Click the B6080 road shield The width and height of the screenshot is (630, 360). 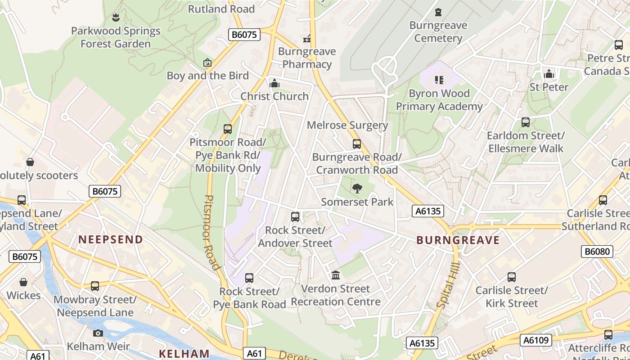pos(597,252)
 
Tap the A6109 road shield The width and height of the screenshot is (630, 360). pos(536,340)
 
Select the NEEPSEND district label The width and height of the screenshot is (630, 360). pos(111,239)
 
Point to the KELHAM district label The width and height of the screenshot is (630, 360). pos(184,354)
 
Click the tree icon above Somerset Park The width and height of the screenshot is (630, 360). pos(357,189)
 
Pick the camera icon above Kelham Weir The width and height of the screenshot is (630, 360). pos(98,333)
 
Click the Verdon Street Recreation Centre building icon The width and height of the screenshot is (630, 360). pos(336,275)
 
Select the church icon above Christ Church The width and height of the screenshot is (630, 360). pos(274,83)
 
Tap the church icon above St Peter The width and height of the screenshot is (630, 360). pos(549,74)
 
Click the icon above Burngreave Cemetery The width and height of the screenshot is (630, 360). pos(438,12)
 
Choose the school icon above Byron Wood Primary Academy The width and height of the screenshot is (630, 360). pos(439,80)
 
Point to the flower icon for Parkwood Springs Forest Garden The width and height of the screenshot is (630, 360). pos(116,18)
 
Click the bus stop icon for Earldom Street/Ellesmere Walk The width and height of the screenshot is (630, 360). pos(525,122)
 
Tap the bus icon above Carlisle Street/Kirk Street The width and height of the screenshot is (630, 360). pos(512,277)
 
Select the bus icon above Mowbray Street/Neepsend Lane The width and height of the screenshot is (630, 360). pos(95,286)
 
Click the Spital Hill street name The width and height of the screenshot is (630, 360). pos(447,285)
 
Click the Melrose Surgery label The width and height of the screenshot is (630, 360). pos(347,125)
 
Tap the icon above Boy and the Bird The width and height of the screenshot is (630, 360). pos(207,63)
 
